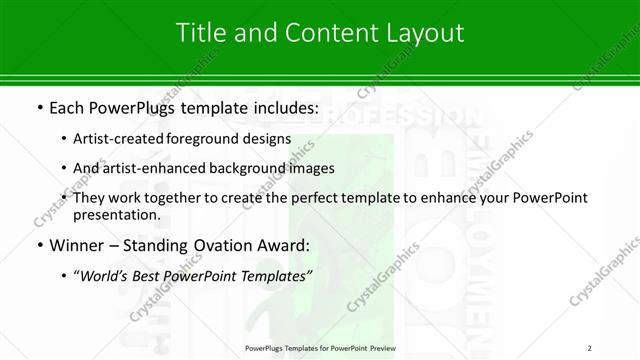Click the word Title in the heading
[x=200, y=32]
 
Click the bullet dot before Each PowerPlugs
[x=38, y=107]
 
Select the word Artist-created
[x=119, y=139]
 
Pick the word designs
[x=266, y=139]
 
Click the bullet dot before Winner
[x=38, y=246]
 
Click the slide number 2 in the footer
[x=590, y=348]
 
